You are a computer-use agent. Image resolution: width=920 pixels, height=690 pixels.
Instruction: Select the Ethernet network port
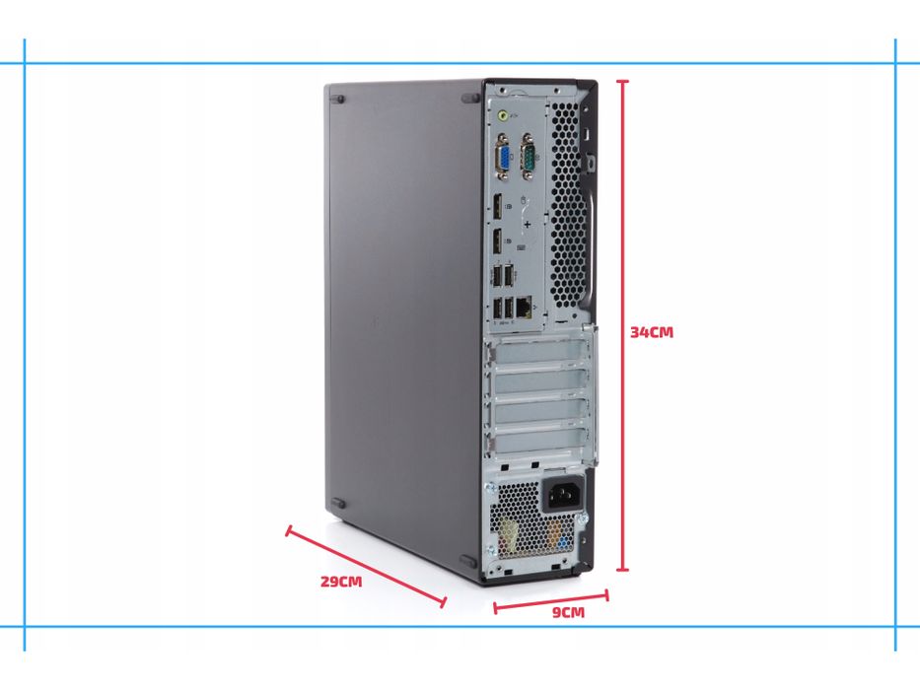(524, 308)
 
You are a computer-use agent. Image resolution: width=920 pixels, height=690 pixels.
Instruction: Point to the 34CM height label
(652, 332)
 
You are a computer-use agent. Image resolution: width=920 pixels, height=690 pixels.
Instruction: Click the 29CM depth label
(341, 581)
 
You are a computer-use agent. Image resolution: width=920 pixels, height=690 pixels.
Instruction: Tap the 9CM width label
(567, 613)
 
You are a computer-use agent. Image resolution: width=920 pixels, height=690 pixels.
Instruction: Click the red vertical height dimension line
(622, 325)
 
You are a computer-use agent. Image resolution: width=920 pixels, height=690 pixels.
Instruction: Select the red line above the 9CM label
(550, 600)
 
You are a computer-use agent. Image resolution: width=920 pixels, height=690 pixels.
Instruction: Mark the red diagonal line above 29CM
(366, 567)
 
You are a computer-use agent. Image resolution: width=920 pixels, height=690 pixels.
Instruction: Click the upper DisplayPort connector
(498, 208)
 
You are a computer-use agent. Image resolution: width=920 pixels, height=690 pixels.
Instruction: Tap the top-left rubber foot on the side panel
(339, 99)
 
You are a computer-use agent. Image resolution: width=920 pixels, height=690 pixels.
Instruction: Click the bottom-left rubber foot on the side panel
(339, 504)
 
